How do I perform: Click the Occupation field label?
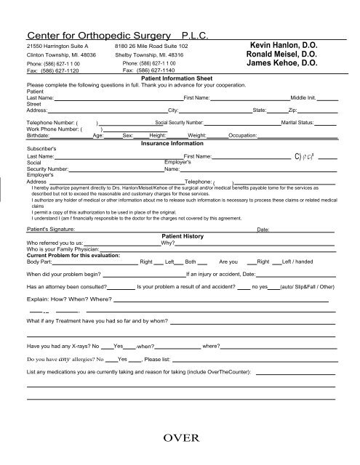(241, 136)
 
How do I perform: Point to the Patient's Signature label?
(54, 228)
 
